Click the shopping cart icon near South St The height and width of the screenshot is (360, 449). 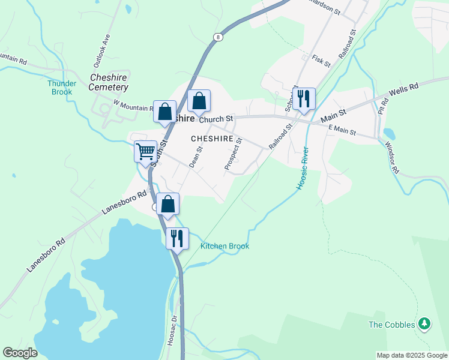[x=145, y=152]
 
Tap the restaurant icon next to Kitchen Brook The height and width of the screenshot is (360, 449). [x=177, y=238]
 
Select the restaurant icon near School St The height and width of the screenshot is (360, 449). [x=304, y=98]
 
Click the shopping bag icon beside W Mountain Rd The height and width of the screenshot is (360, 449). [x=164, y=111]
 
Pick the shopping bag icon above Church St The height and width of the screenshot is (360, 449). [x=199, y=101]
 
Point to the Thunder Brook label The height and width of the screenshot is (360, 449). [x=62, y=88]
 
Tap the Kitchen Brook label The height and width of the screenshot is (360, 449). [x=224, y=246]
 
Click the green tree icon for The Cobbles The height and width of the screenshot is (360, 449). [x=425, y=324]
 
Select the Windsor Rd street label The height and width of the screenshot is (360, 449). [x=392, y=157]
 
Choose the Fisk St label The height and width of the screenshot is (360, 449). [x=322, y=61]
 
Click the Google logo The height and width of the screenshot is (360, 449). [x=20, y=353]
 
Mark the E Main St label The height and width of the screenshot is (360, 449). [x=342, y=130]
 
